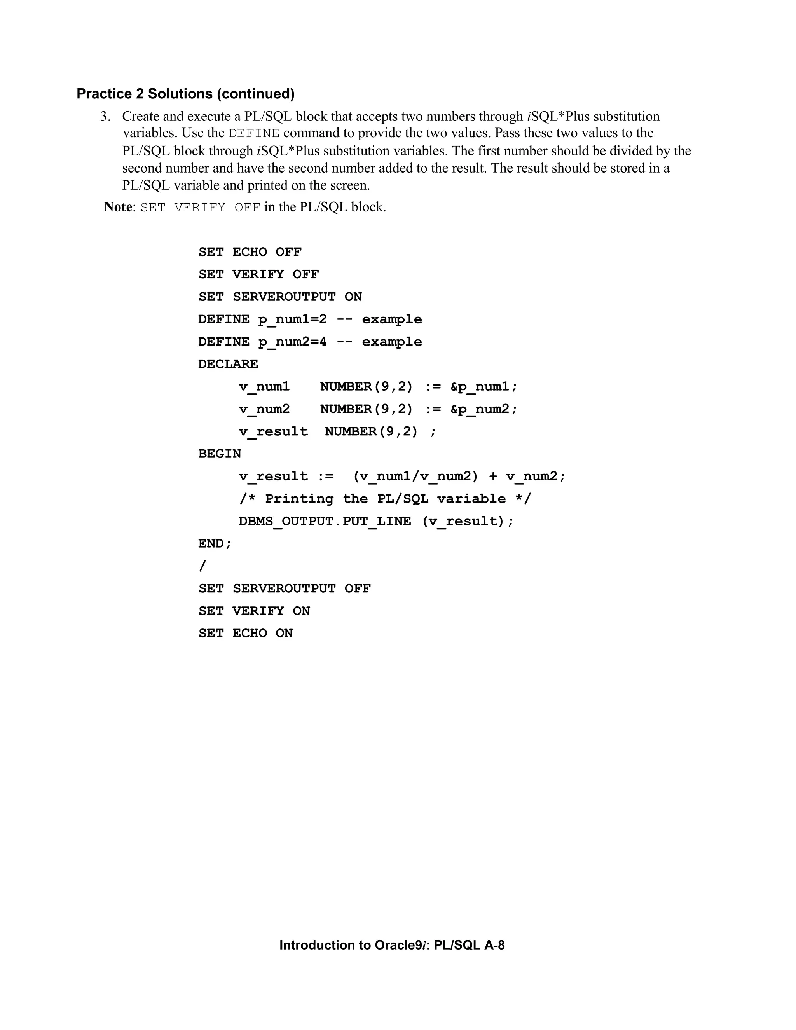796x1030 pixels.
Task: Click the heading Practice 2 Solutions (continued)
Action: click(x=185, y=94)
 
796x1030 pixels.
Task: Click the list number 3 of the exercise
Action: click(x=105, y=117)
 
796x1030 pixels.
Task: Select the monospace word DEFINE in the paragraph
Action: click(x=254, y=133)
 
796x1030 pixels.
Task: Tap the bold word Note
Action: click(x=118, y=207)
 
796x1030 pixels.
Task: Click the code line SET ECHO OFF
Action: click(x=250, y=252)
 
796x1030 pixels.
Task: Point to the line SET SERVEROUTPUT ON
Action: click(x=280, y=297)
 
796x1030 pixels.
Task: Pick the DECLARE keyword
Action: click(x=228, y=365)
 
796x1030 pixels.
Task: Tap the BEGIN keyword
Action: click(x=219, y=454)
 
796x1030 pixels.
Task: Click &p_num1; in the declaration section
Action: click(x=484, y=387)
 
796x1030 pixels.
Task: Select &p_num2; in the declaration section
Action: click(x=484, y=409)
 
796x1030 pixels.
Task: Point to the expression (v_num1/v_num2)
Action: click(x=415, y=477)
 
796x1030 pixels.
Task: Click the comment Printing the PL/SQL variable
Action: click(x=385, y=499)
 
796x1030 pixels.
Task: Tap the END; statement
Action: click(x=215, y=544)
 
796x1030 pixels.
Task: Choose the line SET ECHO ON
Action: click(x=245, y=634)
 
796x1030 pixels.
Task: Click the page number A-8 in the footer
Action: click(x=494, y=945)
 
